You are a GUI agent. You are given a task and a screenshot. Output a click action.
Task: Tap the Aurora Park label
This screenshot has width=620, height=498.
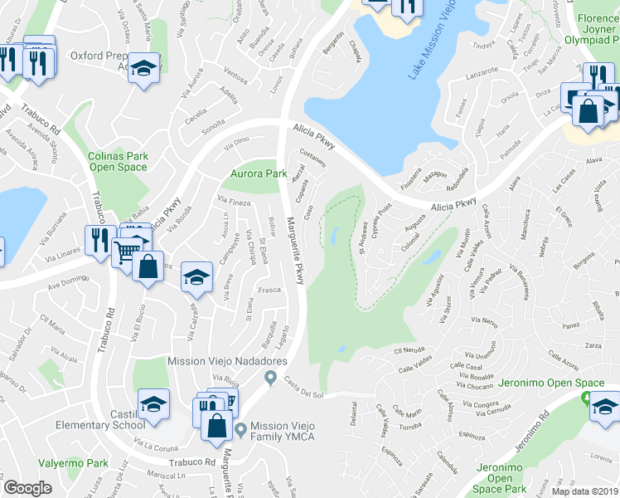[x=259, y=173]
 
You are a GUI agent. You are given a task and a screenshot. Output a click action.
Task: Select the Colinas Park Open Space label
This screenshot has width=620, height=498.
[x=118, y=161]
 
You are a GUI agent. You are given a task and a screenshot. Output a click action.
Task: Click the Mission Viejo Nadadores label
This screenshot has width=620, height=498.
[x=227, y=361]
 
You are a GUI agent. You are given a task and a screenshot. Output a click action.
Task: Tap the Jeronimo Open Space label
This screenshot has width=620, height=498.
[x=550, y=383]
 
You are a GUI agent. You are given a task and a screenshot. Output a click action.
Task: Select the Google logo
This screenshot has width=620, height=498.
[x=27, y=488]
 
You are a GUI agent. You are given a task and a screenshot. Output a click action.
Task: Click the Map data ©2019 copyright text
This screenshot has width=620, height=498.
[x=585, y=491]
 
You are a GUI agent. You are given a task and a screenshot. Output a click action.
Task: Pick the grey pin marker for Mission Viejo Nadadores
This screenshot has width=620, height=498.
[x=270, y=378]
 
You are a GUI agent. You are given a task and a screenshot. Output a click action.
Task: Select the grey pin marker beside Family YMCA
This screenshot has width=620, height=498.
[x=240, y=430]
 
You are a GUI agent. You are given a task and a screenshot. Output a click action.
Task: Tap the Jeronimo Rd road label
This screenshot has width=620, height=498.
[x=530, y=432]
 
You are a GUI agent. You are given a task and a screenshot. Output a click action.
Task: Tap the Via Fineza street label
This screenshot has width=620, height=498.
[x=233, y=201]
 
